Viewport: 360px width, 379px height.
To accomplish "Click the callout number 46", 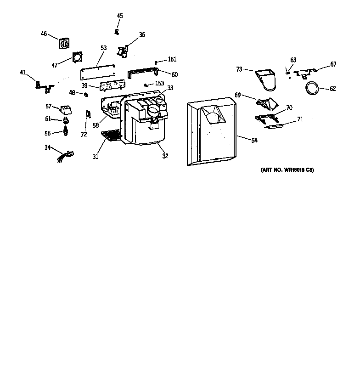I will click(44, 34).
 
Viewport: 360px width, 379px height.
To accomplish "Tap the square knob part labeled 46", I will click(64, 44).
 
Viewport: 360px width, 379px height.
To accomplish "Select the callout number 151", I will click(172, 59).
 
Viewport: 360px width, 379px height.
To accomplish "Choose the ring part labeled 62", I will click(313, 89).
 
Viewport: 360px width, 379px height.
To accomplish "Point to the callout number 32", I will click(165, 156).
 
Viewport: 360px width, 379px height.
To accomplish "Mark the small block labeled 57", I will click(66, 109).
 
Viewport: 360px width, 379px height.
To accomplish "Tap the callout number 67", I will click(333, 64).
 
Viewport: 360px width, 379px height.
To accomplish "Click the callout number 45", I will click(120, 16).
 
